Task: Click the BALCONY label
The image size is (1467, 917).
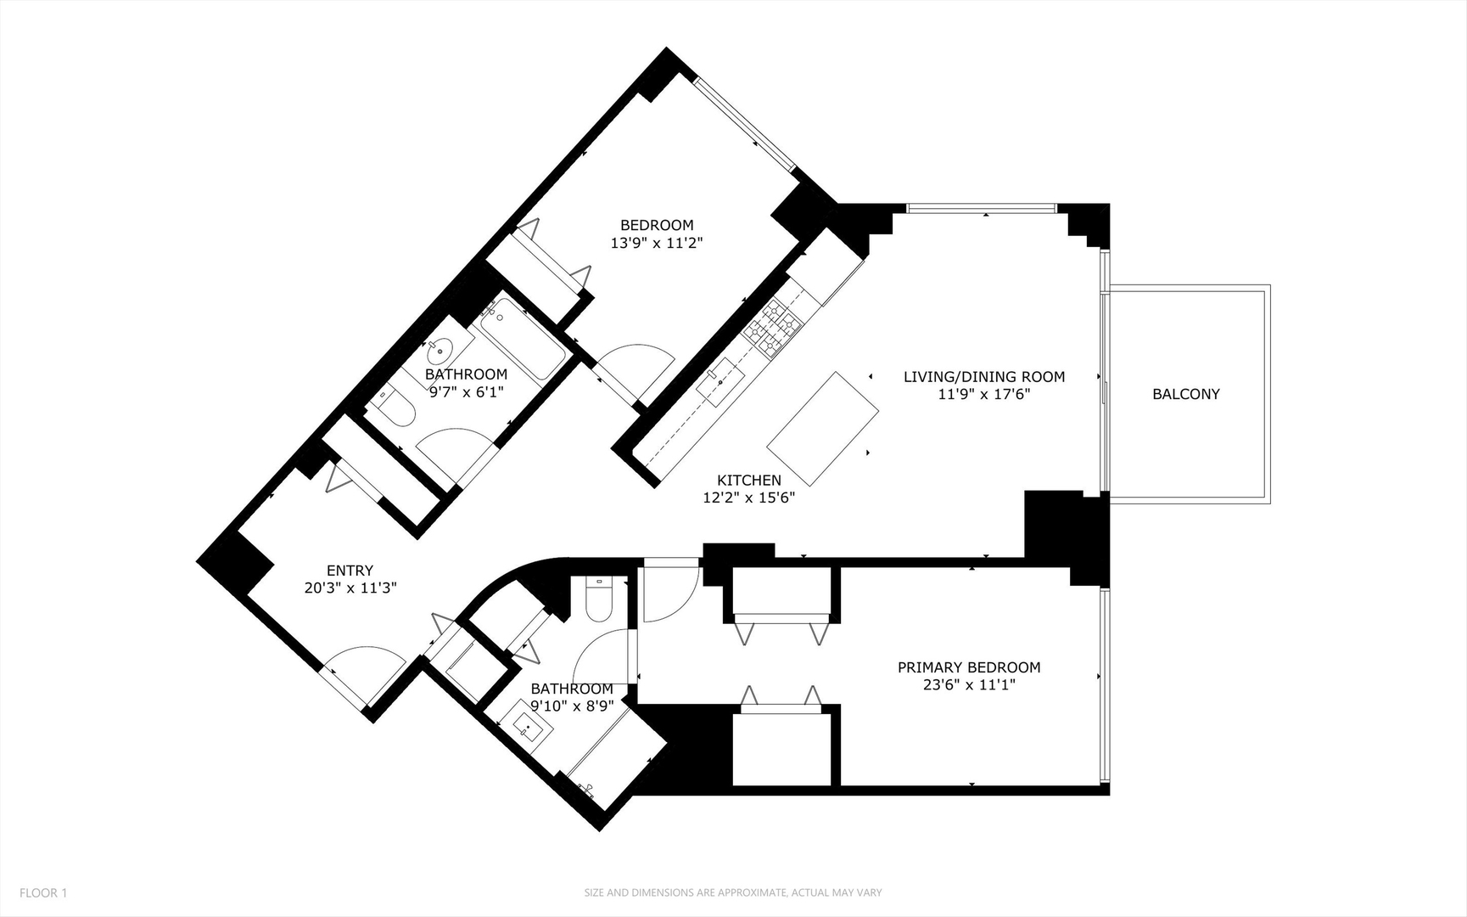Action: [1185, 394]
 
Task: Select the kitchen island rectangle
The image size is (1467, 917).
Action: [822, 428]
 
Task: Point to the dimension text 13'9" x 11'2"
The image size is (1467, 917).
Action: [657, 243]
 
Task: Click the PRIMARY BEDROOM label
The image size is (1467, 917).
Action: [969, 667]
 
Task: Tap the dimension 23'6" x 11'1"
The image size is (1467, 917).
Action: [969, 685]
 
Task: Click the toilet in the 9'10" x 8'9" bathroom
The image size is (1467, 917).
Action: [599, 598]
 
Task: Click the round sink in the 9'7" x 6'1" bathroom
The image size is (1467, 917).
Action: [443, 349]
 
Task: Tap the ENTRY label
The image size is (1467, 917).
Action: [350, 571]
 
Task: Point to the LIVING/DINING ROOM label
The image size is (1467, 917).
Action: [983, 376]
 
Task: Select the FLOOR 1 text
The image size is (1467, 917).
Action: [43, 892]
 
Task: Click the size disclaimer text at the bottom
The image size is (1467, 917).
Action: [732, 892]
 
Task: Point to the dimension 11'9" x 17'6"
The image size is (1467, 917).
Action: [983, 394]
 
